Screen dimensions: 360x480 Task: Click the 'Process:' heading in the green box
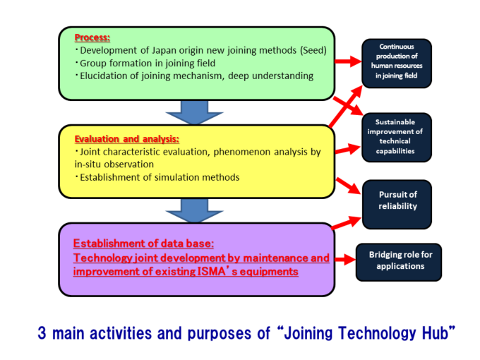click(92, 37)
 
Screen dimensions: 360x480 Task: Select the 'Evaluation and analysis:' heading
click(127, 138)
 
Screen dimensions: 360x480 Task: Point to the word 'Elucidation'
click(107, 76)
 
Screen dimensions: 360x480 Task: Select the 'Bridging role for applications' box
click(400, 260)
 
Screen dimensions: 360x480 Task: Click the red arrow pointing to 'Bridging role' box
click(348, 259)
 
